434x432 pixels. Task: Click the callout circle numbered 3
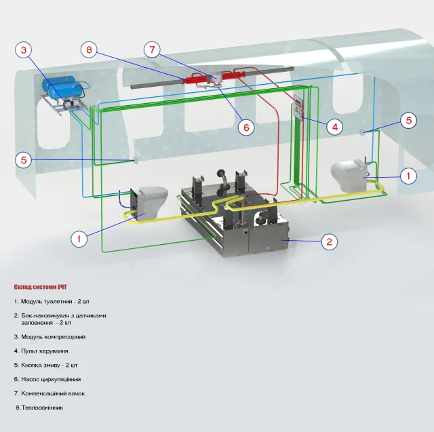point(24,50)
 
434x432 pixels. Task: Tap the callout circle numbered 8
point(89,50)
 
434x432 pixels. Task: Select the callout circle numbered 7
point(152,50)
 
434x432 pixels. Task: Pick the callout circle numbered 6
point(246,127)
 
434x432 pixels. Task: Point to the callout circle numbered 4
point(335,127)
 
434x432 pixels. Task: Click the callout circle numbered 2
point(330,242)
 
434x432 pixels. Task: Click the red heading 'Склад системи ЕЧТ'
point(41,287)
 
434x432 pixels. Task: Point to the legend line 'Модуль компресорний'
point(50,337)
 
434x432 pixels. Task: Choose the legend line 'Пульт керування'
point(41,351)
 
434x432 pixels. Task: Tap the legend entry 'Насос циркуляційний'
point(47,379)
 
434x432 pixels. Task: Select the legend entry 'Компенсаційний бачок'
point(50,393)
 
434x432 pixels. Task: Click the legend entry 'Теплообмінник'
point(39,408)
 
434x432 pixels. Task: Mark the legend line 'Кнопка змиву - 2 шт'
point(45,365)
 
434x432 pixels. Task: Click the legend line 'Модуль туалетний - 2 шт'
point(52,301)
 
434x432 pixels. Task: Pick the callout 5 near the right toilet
point(408,121)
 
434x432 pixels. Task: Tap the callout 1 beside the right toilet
point(408,176)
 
